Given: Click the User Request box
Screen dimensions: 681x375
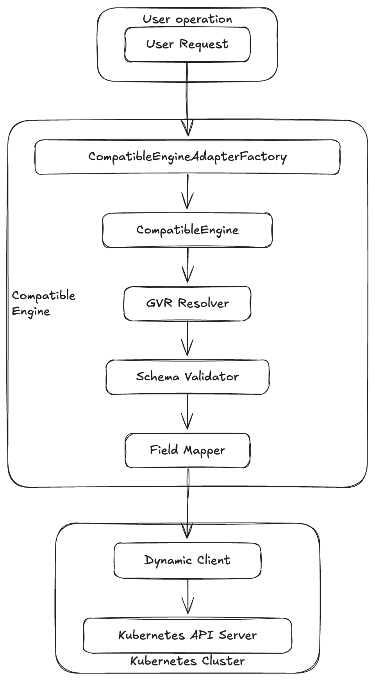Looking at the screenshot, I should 187,44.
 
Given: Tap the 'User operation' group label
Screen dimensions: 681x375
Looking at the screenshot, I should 187,19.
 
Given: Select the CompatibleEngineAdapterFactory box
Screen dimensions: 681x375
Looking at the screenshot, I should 187,157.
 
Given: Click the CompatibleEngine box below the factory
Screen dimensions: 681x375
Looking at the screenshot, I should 187,230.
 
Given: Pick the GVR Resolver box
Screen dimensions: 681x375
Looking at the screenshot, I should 187,303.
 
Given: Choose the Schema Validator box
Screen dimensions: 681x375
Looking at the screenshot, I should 187,377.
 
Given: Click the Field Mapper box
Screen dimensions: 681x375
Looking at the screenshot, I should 187,450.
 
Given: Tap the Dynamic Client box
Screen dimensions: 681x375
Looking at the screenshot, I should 187,560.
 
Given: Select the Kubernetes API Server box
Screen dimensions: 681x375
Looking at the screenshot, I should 187,635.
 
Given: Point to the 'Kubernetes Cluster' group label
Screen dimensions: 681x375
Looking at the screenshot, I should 187,661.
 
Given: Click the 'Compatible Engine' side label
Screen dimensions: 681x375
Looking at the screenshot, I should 43,303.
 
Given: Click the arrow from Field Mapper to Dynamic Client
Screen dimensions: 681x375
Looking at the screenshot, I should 187,504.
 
